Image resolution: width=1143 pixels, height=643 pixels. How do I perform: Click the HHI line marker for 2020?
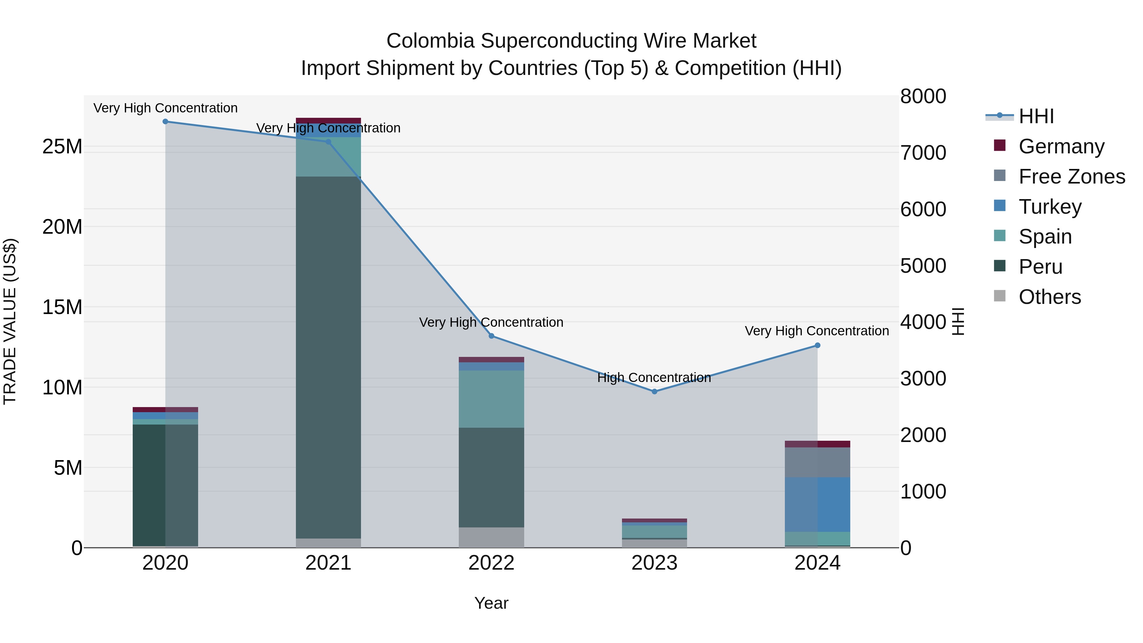(165, 122)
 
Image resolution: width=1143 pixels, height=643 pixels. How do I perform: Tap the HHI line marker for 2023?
(654, 392)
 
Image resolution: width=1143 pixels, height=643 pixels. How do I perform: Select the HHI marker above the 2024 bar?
(817, 345)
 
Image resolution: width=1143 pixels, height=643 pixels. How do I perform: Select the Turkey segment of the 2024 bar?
(817, 505)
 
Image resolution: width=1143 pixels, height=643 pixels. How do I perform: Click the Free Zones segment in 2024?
(817, 462)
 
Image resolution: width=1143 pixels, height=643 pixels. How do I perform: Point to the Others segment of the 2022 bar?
(491, 537)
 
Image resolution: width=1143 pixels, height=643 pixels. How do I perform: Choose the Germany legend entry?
(1061, 146)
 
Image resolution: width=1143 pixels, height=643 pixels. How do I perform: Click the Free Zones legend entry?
(1071, 177)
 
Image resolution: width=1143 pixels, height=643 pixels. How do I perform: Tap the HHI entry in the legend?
(1036, 116)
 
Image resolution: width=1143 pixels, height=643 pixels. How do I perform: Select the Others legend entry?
(1049, 297)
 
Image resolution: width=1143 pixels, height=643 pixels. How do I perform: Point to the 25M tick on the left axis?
(62, 146)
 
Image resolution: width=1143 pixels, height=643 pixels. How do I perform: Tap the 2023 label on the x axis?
(654, 563)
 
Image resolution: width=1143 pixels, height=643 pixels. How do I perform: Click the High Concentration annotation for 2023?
(654, 378)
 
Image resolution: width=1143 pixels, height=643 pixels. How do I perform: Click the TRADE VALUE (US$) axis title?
(10, 321)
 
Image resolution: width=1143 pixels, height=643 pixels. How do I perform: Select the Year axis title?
(491, 603)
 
